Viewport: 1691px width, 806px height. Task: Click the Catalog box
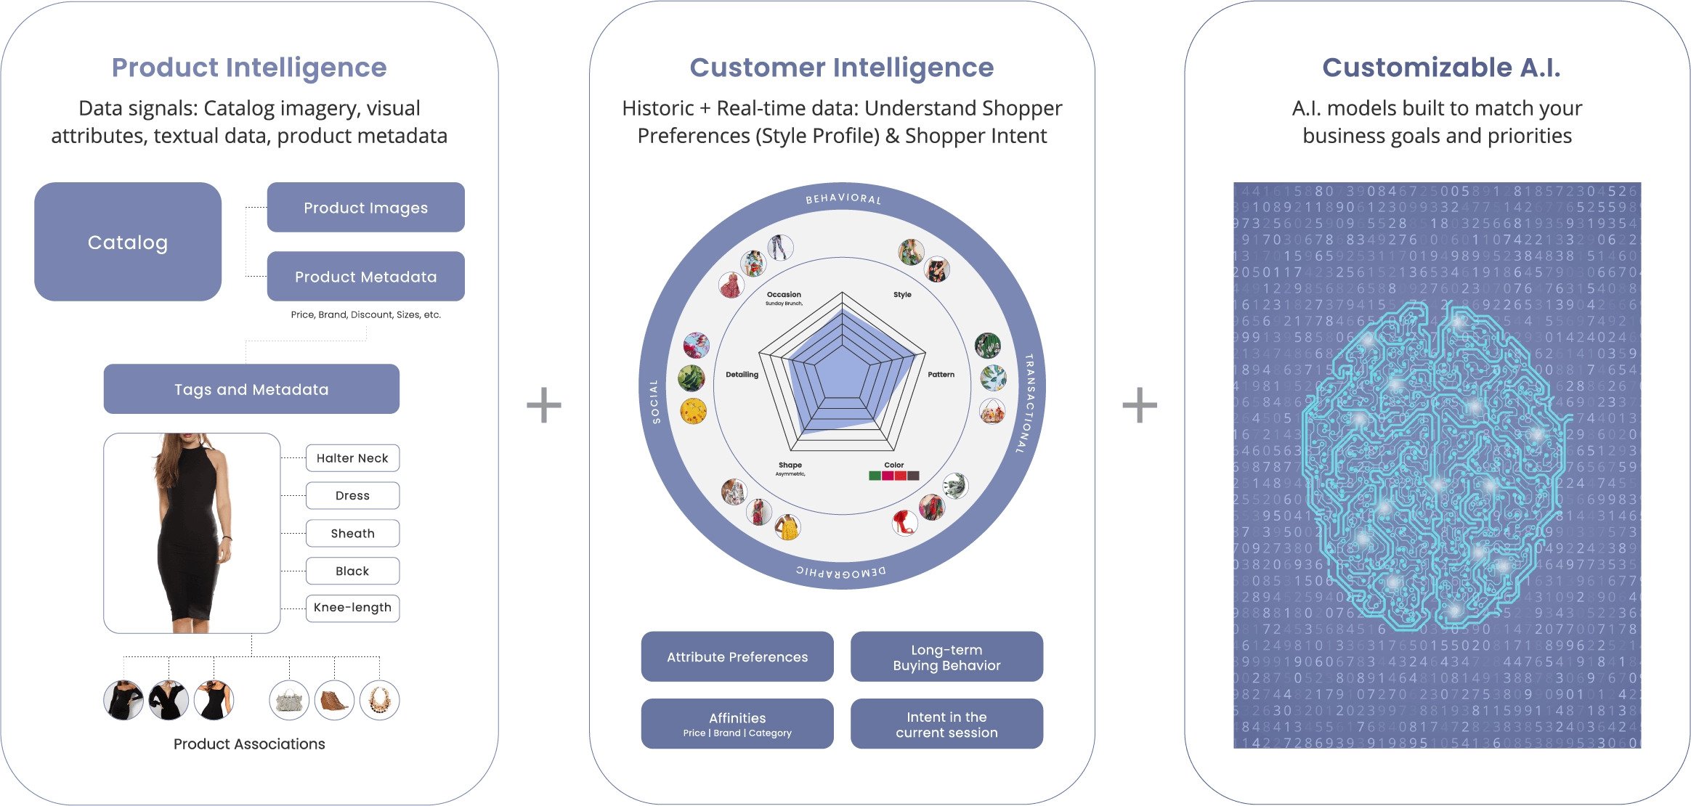(x=128, y=242)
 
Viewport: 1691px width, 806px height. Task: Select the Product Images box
(x=365, y=208)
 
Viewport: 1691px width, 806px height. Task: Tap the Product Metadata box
(x=365, y=277)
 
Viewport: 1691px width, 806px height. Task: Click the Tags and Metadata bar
(x=251, y=389)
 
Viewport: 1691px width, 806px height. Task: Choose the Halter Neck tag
(x=352, y=458)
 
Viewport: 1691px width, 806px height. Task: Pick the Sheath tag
(x=352, y=534)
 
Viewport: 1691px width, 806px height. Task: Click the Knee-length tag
(x=352, y=608)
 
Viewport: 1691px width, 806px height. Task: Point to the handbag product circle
(x=289, y=701)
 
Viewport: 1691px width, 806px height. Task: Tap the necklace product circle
(x=379, y=700)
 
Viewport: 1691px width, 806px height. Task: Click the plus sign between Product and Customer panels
(x=544, y=405)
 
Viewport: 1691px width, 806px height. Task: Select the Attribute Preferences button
(x=737, y=657)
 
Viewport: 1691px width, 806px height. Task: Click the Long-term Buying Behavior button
(x=946, y=657)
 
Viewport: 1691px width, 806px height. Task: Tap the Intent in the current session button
(x=946, y=725)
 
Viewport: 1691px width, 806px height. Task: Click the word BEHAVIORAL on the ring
(x=843, y=198)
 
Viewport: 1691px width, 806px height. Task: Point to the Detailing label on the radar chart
(x=742, y=375)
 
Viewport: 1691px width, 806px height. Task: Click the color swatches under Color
(x=894, y=476)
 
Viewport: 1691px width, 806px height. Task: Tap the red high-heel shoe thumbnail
(x=904, y=522)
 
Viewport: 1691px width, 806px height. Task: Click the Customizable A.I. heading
(x=1441, y=68)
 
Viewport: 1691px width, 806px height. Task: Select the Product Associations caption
(x=249, y=744)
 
